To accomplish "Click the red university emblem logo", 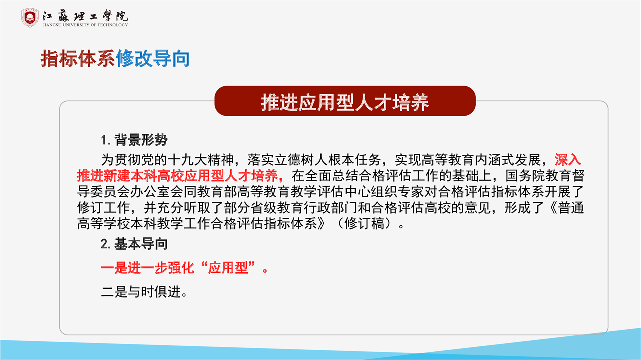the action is point(30,17).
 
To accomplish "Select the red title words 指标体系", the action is point(78,59).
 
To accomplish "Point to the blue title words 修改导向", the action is point(153,59).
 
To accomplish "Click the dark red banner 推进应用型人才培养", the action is point(345,101).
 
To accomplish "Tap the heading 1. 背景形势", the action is point(134,140).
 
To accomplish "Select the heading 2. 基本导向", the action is point(134,244).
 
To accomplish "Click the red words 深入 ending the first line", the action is point(568,160).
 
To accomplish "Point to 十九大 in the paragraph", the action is point(188,160).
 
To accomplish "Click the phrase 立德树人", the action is point(301,160).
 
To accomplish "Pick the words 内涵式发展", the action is point(508,160).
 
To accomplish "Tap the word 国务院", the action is point(525,176).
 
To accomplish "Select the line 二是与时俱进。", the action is point(144,292).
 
